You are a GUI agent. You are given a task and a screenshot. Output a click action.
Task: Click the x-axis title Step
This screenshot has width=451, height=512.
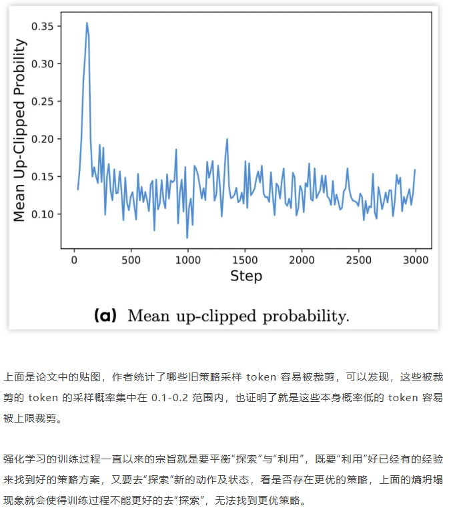[246, 276]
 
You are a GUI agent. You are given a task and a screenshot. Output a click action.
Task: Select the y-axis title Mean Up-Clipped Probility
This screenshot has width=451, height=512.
[20, 130]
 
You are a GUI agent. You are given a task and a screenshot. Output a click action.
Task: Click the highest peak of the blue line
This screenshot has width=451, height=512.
[87, 23]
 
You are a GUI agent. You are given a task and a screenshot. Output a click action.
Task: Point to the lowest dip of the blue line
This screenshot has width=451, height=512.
[187, 238]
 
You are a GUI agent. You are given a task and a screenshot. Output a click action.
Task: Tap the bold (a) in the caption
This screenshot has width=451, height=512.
[107, 314]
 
